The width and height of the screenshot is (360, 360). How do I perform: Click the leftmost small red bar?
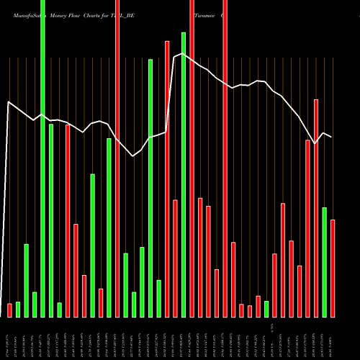click(9, 310)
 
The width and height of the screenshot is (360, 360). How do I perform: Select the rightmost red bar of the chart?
click(333, 268)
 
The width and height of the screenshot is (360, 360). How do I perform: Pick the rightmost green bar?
click(325, 262)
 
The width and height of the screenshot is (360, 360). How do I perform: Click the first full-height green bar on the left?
click(42, 158)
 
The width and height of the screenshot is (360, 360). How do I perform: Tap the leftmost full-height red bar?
click(117, 158)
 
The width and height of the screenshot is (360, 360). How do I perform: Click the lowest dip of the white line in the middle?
click(133, 156)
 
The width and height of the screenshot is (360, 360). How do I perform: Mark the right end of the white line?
click(331, 137)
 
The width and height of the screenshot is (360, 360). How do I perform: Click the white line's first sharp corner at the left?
click(9, 102)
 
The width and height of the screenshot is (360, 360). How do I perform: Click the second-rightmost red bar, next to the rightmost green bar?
click(316, 208)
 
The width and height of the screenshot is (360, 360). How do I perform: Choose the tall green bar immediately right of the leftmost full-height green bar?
click(51, 220)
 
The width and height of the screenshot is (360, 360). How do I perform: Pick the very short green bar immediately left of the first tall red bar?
click(59, 310)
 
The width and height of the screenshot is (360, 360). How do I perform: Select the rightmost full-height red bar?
click(225, 158)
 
